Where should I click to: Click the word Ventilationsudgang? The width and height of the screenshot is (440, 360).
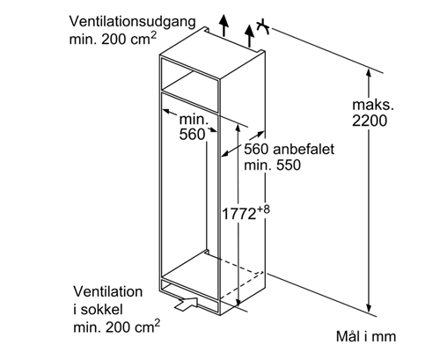click(132, 22)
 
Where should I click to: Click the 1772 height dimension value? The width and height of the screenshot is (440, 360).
click(238, 214)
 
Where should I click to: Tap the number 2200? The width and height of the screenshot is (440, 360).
click(370, 121)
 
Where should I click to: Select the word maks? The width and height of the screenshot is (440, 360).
click(373, 105)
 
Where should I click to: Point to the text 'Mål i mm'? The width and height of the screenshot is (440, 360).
click(366, 336)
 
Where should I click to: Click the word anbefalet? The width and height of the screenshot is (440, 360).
click(304, 149)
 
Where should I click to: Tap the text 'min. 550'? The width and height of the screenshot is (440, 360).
click(273, 165)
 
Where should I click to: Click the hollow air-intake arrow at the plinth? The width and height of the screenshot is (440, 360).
click(186, 304)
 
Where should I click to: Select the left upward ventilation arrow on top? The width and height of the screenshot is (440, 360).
click(224, 26)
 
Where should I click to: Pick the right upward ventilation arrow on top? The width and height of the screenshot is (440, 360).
click(250, 36)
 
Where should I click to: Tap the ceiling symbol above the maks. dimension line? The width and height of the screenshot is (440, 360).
click(262, 26)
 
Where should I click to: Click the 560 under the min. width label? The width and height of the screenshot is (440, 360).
click(192, 135)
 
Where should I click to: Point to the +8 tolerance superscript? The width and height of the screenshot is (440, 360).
click(263, 209)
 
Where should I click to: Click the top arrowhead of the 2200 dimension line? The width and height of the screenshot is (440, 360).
click(369, 72)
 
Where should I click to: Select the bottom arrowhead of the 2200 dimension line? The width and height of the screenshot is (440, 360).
click(369, 309)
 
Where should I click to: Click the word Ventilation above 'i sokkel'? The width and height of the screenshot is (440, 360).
click(108, 291)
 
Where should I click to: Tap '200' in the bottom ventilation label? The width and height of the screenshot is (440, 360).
click(118, 327)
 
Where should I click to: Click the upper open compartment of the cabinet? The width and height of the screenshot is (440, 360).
click(190, 76)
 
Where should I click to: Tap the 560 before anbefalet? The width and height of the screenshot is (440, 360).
click(256, 149)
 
